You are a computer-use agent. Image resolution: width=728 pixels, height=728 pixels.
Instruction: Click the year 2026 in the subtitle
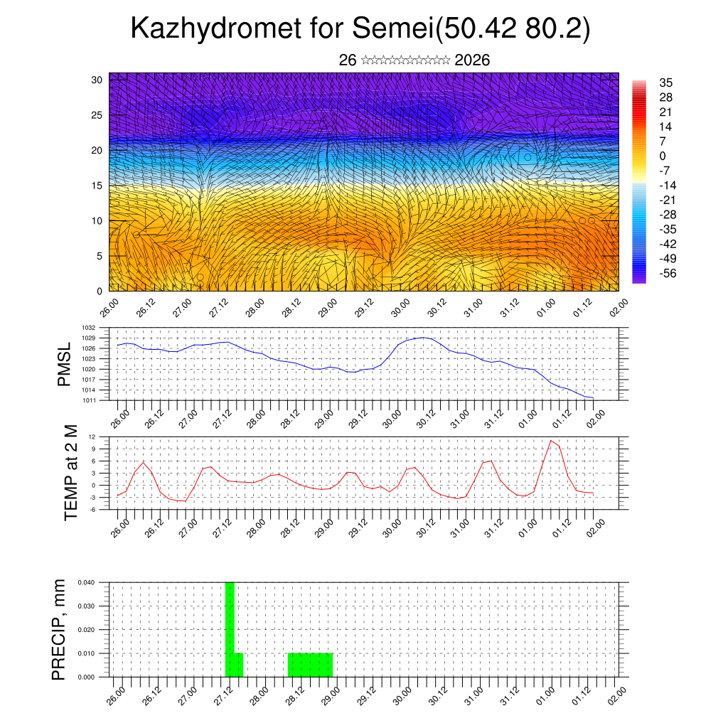coord(472,60)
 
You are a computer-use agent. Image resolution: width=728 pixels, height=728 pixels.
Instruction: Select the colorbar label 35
coord(666,82)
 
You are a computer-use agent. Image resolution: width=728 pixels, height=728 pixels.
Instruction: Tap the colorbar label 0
coord(663,156)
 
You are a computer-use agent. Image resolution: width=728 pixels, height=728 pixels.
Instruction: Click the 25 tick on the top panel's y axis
coord(97,114)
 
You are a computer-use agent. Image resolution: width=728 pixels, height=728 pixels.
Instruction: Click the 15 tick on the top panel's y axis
coord(97,186)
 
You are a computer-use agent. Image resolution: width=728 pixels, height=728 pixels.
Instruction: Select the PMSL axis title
coord(65,364)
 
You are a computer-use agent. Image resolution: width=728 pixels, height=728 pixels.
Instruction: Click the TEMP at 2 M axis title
coord(71,472)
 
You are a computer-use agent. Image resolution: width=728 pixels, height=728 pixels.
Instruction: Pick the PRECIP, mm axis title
coord(60,629)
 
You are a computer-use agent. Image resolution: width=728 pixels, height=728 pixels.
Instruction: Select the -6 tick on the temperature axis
coord(93,509)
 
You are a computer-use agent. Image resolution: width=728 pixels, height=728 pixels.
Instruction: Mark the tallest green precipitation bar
coord(230,626)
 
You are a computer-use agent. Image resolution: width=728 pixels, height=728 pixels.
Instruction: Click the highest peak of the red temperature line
coord(550,441)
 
